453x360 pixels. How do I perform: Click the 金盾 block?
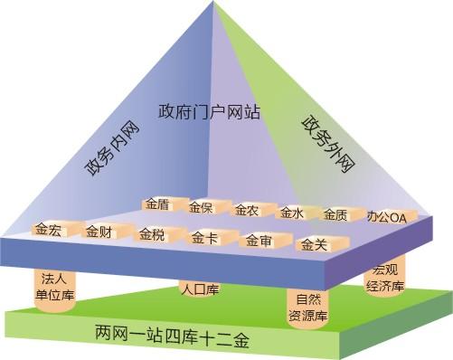pos(156,205)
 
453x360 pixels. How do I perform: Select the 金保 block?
pos(201,208)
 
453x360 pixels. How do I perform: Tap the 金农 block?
pos(246,211)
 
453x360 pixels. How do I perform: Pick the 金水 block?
pos(290,213)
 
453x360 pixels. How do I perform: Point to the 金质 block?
pos(335,214)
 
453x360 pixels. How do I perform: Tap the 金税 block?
pos(152,236)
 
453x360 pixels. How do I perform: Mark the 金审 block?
pos(259,242)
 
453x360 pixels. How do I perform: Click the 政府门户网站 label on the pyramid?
pos(210,113)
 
